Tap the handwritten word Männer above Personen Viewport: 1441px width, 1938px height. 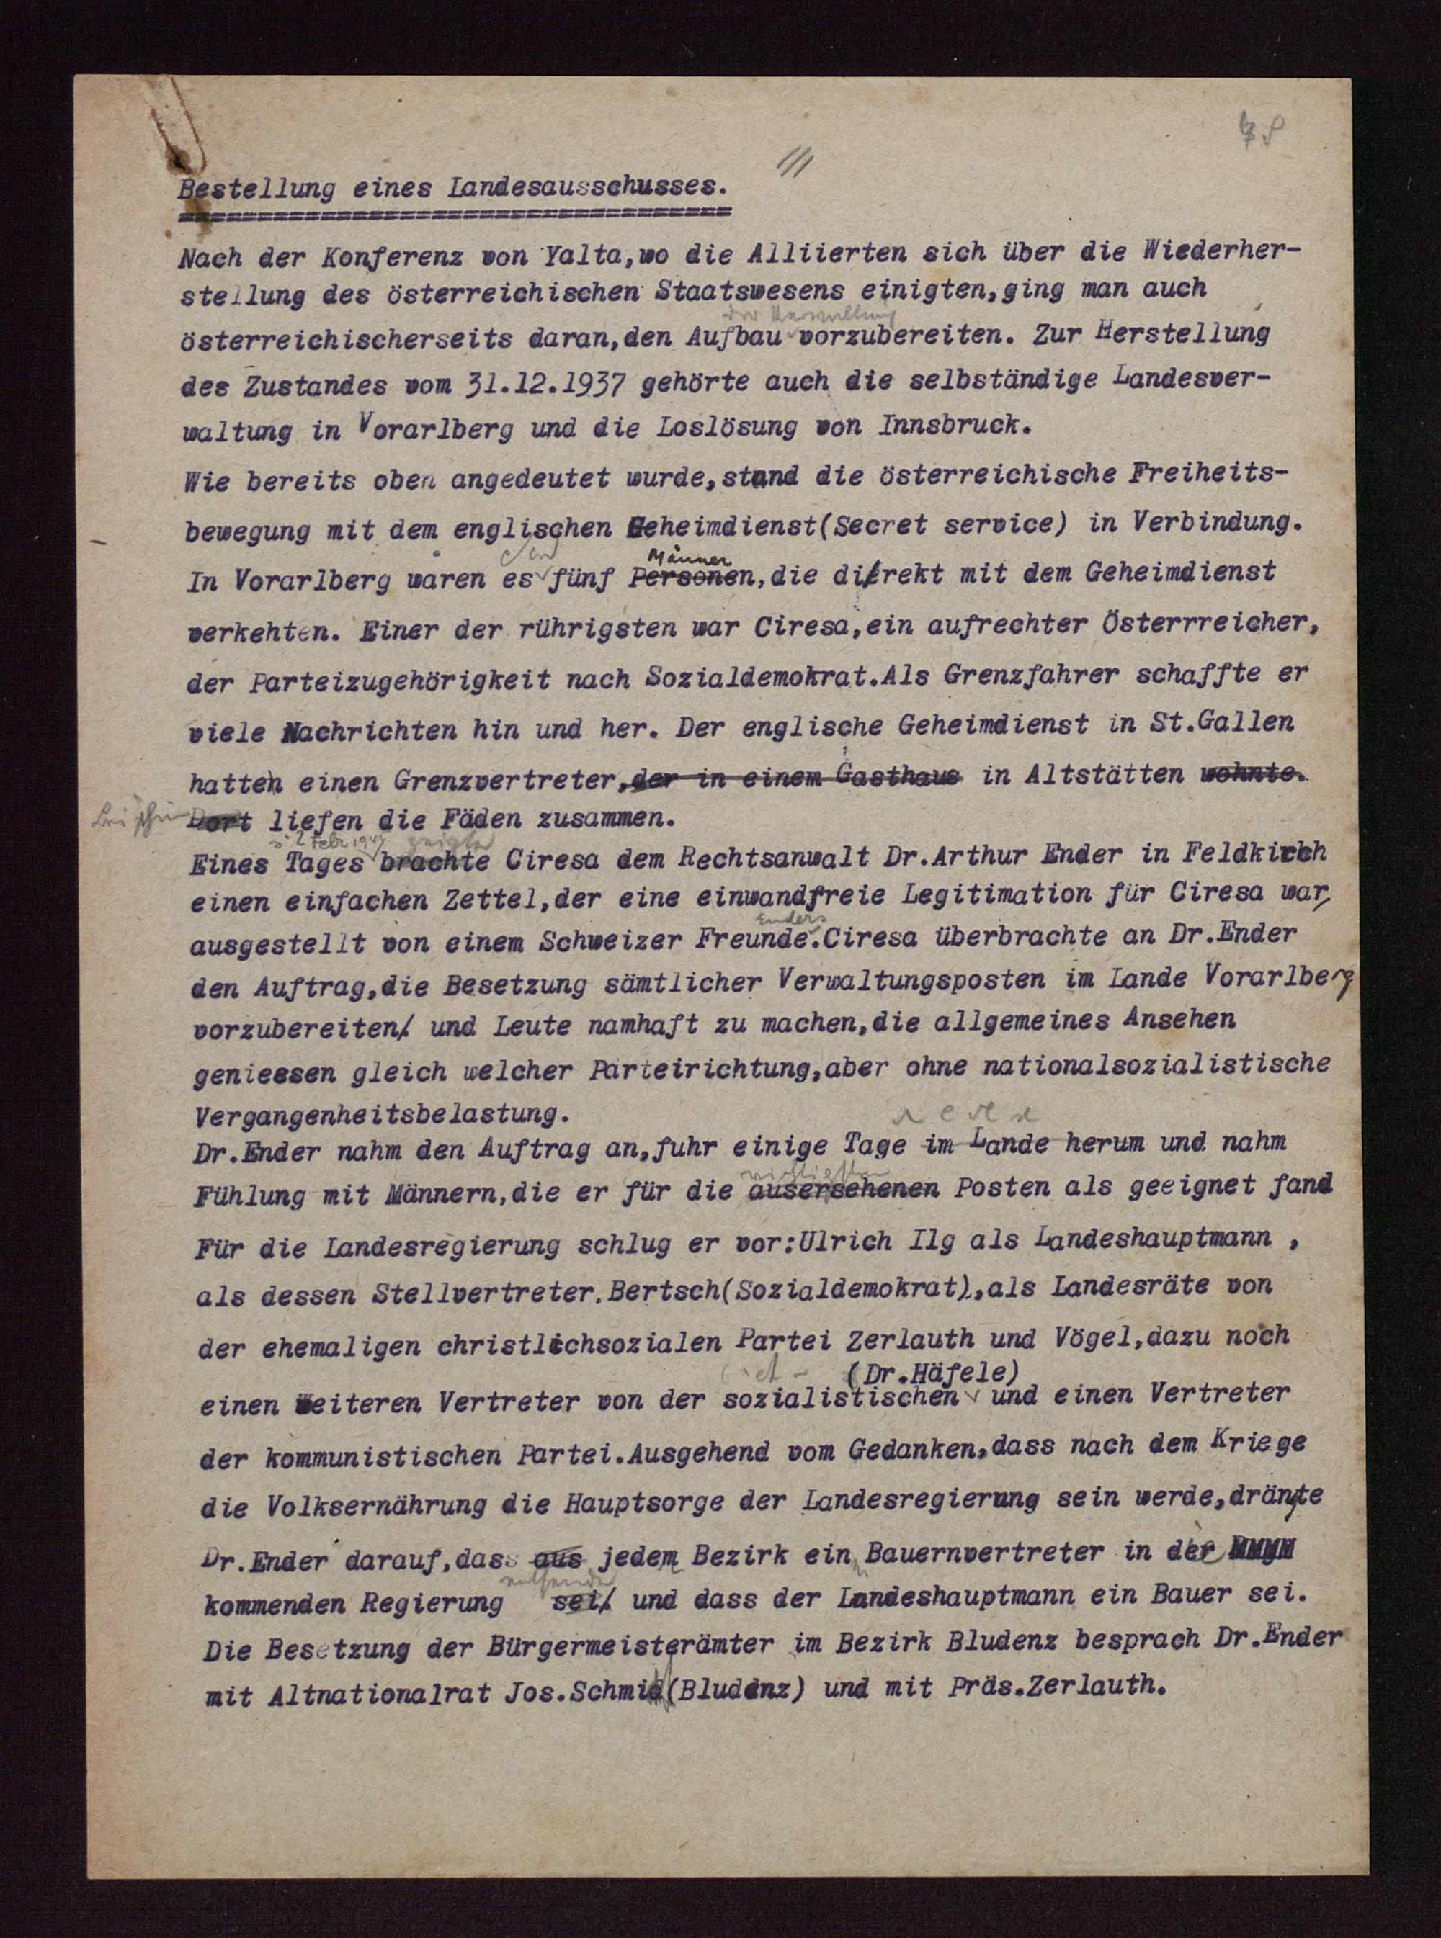(687, 555)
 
